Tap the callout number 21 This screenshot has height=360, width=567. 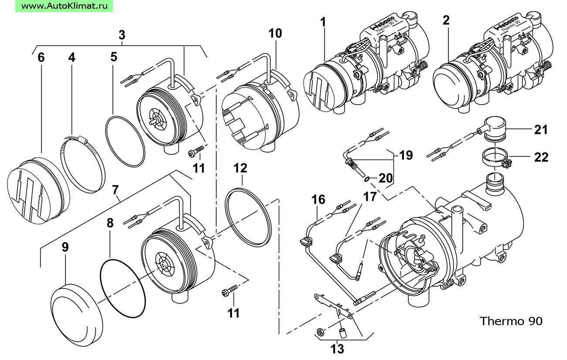540,129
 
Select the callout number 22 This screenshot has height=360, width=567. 541,157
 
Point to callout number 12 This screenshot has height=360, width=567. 240,168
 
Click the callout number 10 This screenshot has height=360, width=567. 276,34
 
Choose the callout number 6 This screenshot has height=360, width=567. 41,58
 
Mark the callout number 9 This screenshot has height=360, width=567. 65,248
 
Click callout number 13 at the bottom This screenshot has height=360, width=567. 338,349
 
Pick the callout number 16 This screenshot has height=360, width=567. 318,200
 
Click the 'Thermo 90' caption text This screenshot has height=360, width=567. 511,321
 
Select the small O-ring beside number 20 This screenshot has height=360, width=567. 367,179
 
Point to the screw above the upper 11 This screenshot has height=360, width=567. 196,153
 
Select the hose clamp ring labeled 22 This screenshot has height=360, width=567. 496,158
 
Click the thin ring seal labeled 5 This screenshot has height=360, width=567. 125,140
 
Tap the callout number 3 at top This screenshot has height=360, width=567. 122,35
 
